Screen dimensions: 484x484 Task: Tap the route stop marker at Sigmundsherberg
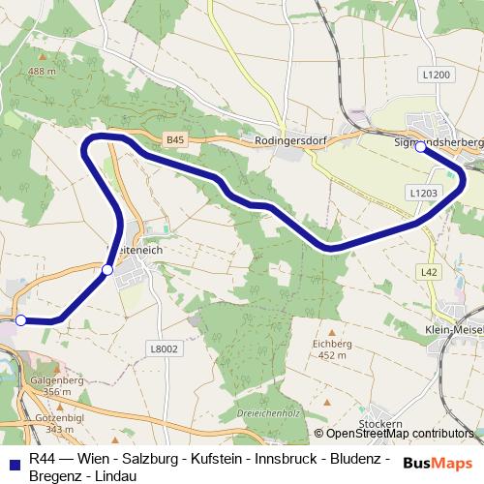pos(420,147)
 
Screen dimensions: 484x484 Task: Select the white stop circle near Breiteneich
pos(107,270)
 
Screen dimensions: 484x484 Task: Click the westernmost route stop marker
pos(20,320)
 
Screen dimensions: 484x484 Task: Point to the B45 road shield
pos(174,140)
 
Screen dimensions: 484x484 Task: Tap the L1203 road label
pos(424,194)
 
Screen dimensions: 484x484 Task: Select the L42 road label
pos(430,273)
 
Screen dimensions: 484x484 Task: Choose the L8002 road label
pos(166,348)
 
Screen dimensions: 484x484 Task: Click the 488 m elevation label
pos(43,72)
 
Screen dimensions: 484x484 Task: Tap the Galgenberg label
pos(57,380)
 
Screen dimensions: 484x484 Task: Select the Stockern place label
pos(379,424)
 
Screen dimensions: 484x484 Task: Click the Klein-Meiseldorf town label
pos(453,329)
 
